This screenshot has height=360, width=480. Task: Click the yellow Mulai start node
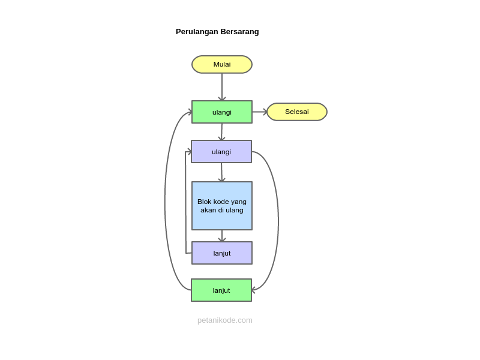[x=222, y=64]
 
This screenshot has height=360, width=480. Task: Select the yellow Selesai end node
[x=297, y=112]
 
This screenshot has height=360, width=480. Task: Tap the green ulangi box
[x=222, y=112]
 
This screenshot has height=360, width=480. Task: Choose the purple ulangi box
[x=221, y=152]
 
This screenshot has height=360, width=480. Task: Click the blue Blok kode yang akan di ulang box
[x=222, y=206]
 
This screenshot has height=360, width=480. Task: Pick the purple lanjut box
[x=222, y=253]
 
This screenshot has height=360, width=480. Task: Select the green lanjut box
[x=221, y=290]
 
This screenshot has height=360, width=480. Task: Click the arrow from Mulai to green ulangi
[x=222, y=87]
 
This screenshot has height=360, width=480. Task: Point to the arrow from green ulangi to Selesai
[x=259, y=112]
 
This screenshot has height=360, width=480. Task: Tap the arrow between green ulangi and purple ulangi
[x=222, y=131]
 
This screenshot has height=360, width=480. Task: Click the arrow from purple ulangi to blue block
[x=222, y=172]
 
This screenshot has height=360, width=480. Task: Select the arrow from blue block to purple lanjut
[x=222, y=236]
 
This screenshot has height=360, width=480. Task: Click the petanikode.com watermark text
[x=224, y=320]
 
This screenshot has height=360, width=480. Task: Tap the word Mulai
[x=222, y=64]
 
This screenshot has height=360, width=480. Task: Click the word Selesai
[x=297, y=112]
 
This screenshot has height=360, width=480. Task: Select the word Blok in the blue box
[x=204, y=202]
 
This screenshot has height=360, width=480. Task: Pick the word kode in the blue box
[x=221, y=202]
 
